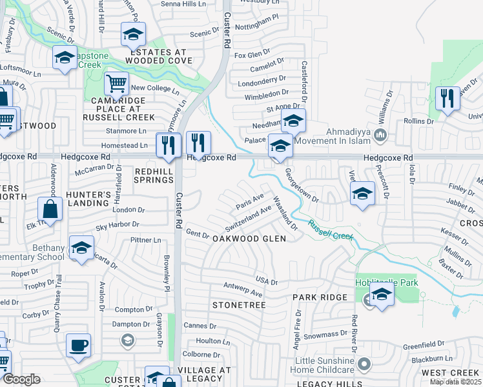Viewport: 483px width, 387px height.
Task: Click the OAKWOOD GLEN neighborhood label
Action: (249, 238)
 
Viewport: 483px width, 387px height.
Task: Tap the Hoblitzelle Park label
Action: (387, 283)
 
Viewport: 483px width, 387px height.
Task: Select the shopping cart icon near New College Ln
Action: (116, 83)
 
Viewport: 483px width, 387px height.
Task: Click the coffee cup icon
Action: (78, 345)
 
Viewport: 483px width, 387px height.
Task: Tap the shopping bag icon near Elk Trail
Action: (50, 209)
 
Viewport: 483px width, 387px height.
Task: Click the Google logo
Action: (21, 379)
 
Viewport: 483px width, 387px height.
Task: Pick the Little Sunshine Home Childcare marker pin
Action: (365, 365)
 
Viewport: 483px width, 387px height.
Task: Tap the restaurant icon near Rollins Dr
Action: (447, 98)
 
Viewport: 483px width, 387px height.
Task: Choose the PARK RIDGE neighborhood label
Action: (320, 297)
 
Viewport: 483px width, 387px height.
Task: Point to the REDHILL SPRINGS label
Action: (154, 175)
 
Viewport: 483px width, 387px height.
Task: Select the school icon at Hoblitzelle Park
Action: (382, 295)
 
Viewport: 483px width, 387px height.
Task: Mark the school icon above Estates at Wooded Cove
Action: (133, 34)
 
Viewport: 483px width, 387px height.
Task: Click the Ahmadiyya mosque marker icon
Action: (381, 136)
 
